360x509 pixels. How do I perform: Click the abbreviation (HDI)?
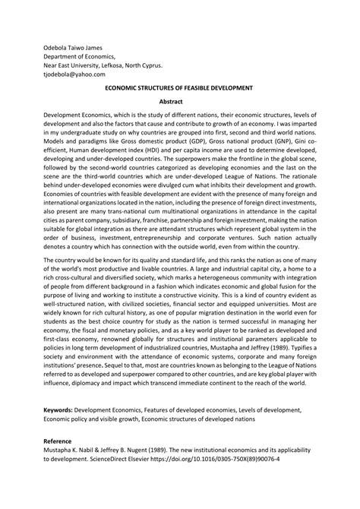161,150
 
